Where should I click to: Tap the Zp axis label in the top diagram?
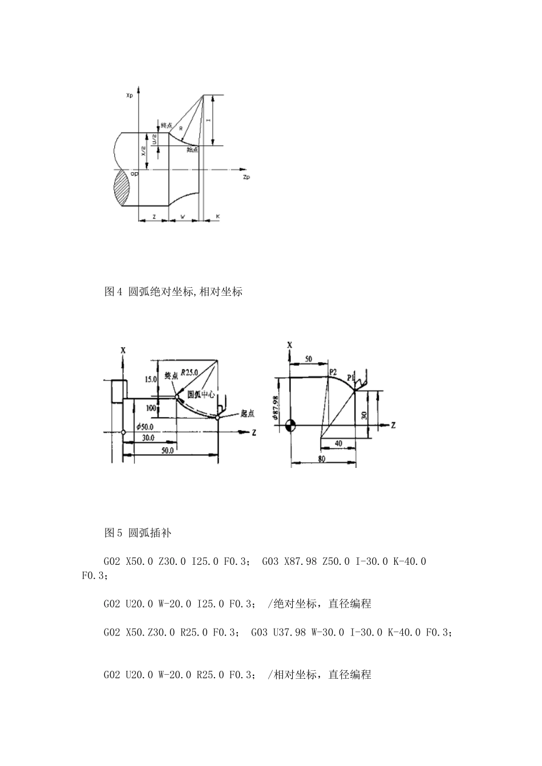coord(246,177)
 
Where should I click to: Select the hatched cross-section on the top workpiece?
coord(122,189)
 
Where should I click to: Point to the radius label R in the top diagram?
coord(180,129)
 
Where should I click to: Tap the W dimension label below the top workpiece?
coord(183,216)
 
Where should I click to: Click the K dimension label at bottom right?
coord(218,216)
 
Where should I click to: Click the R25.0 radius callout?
coord(189,372)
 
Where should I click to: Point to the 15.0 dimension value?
coord(150,378)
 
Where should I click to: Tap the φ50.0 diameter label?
coord(144,426)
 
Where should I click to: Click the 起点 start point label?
coord(247,414)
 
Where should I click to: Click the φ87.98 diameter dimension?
coord(276,408)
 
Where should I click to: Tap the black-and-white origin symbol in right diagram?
coord(291,425)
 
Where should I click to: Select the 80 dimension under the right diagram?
coord(322,458)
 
